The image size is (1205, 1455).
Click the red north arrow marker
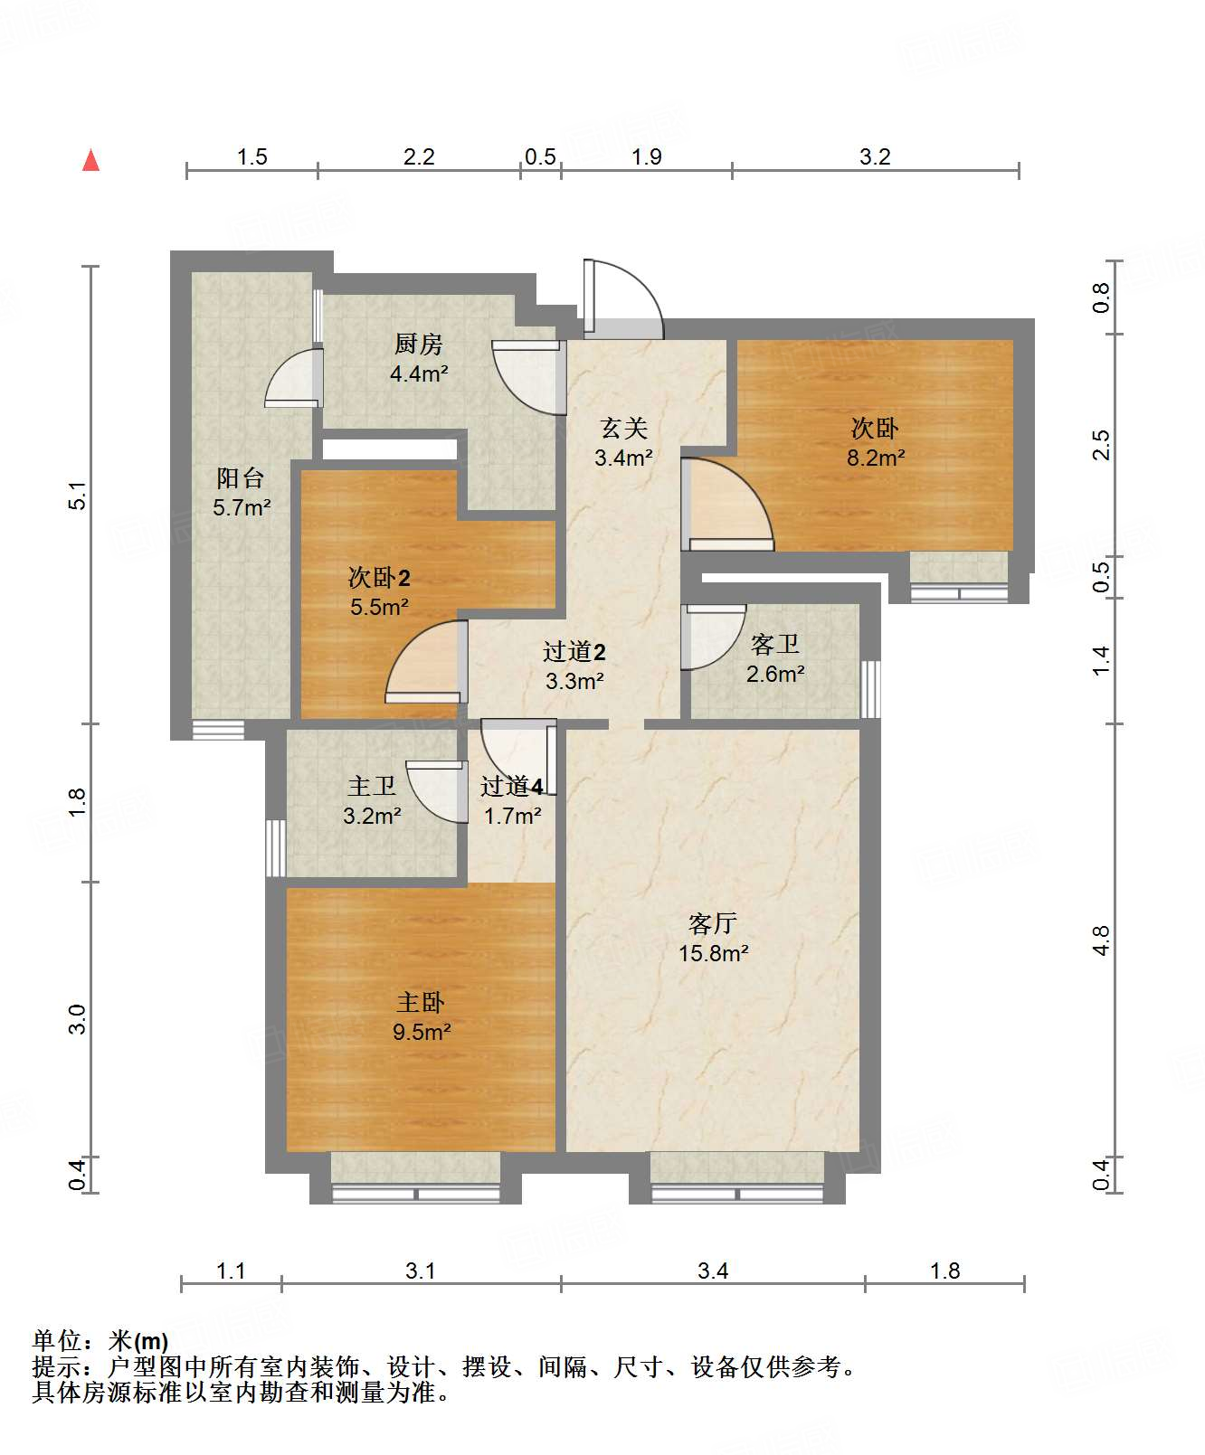pyautogui.click(x=90, y=160)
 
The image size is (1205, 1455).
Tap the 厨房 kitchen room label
pyautogui.click(x=419, y=345)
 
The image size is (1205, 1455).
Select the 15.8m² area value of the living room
pyautogui.click(x=714, y=953)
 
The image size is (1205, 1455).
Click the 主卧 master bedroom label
pyautogui.click(x=421, y=1003)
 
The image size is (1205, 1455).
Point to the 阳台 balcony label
pyautogui.click(x=241, y=478)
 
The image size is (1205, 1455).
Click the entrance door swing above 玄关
pyautogui.click(x=623, y=299)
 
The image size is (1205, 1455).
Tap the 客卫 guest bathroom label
pyautogui.click(x=775, y=645)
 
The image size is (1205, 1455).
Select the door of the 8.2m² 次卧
pyautogui.click(x=727, y=505)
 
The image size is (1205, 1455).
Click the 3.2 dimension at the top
pyautogui.click(x=875, y=157)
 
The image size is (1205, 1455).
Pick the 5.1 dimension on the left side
pyautogui.click(x=79, y=496)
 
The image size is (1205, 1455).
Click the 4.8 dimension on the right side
pyautogui.click(x=1100, y=940)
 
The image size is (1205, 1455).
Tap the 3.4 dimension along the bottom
pyautogui.click(x=713, y=1271)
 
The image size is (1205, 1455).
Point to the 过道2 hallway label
pyautogui.click(x=574, y=652)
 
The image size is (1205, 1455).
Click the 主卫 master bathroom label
pyautogui.click(x=372, y=787)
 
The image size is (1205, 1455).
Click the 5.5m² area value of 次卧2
pyautogui.click(x=380, y=607)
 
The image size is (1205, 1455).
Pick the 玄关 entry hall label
pyautogui.click(x=624, y=429)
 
